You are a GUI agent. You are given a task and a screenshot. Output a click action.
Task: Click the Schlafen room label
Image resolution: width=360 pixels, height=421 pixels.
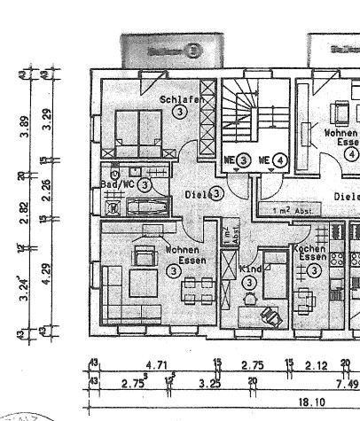point(177,100)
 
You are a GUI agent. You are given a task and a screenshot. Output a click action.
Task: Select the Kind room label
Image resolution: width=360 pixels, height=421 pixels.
point(252,268)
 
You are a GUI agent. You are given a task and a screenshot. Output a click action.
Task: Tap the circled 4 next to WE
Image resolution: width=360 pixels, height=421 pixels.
point(280,160)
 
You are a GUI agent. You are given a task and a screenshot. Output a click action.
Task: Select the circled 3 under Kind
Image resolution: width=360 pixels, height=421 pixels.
point(251,282)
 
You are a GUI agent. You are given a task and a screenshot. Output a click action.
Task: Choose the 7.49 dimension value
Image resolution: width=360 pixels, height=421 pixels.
point(342,382)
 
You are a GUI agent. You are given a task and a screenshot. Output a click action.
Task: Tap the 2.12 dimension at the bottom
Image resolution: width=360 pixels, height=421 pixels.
point(317,364)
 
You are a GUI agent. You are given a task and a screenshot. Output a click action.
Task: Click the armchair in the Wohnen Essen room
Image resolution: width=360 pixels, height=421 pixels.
point(143,256)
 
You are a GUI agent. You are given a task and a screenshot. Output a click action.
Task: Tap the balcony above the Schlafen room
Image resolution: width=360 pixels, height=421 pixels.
point(163,50)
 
